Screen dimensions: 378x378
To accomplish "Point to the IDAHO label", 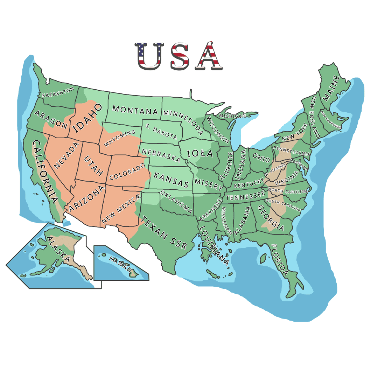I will (x=87, y=118).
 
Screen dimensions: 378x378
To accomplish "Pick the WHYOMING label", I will (x=119, y=138).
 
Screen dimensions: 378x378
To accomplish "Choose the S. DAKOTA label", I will (x=161, y=130).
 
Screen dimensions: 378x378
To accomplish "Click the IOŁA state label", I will (x=200, y=154).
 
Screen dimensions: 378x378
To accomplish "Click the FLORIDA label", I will (x=279, y=260).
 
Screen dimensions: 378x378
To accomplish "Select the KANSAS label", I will (x=171, y=179).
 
